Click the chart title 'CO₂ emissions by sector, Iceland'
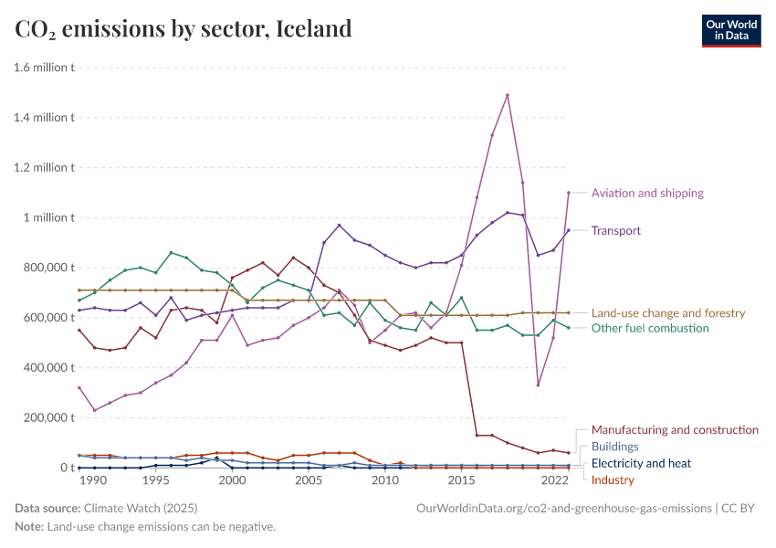point(184,28)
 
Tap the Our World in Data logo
point(730,29)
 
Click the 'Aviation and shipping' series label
point(647,194)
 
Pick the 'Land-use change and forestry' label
point(668,313)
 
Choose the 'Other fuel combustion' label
point(650,329)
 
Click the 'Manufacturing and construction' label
point(675,429)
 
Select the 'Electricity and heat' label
point(641,464)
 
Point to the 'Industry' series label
point(613,480)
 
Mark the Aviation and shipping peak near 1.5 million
point(508,95)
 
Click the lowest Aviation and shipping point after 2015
point(538,385)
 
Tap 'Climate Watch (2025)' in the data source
point(140,508)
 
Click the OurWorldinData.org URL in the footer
point(563,508)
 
